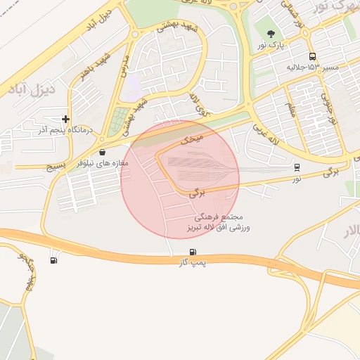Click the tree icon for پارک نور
[269, 34]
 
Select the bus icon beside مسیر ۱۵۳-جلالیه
[312, 57]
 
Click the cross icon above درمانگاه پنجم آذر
[65, 120]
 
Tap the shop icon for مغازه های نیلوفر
[103, 152]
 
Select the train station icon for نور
[297, 167]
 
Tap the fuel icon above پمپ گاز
[192, 252]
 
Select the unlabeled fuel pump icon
[54, 261]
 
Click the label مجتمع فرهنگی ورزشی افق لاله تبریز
[221, 223]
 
